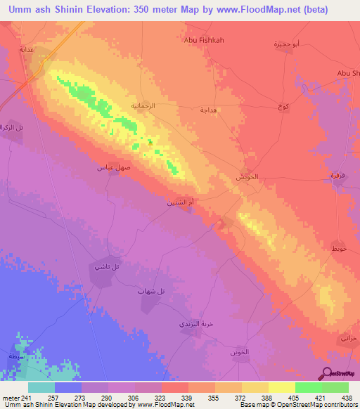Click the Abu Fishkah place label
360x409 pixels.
coord(203,41)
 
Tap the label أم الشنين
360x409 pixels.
coord(180,202)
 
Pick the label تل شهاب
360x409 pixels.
coord(151,291)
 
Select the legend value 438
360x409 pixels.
coord(347,398)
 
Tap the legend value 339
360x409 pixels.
coord(188,398)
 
